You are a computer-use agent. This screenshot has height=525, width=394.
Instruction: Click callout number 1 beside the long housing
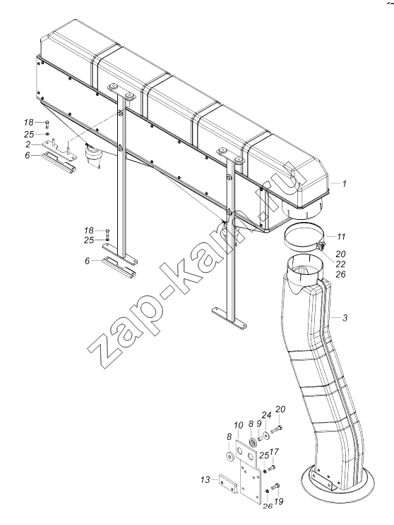[x=344, y=183]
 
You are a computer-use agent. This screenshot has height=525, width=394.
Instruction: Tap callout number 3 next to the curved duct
[x=345, y=317]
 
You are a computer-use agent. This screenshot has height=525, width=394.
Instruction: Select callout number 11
[x=341, y=237]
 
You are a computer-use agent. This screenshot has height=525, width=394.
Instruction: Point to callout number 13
[x=205, y=480]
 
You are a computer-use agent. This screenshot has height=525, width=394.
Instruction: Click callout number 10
[x=239, y=426]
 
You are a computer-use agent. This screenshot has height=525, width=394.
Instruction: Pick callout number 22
[x=340, y=264]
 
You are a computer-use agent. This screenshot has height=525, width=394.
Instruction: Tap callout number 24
[x=266, y=416]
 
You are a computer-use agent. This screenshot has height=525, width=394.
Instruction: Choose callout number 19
[x=279, y=501]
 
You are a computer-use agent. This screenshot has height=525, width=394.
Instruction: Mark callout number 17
[x=274, y=452]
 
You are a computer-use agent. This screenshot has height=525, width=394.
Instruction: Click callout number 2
[x=28, y=144]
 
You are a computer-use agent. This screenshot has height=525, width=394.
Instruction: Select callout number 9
[x=259, y=424]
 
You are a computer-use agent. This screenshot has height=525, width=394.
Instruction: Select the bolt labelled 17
[x=272, y=466]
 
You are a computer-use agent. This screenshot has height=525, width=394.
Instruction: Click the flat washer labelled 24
[x=267, y=436]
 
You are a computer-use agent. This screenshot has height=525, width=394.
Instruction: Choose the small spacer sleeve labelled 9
[x=259, y=438]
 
